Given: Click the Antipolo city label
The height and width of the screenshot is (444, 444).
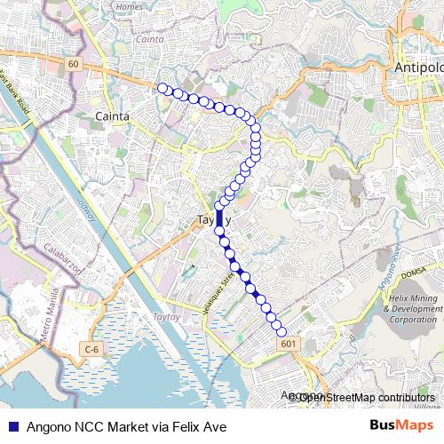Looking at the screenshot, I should pos(417,68).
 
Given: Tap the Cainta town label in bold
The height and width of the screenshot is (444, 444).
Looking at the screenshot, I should pos(112,116).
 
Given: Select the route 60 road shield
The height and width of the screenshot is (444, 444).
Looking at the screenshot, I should pos(73,64).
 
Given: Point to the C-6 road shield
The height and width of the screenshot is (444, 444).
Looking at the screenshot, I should pos(91,351).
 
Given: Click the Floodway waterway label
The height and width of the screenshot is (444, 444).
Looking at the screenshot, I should pos(86,211).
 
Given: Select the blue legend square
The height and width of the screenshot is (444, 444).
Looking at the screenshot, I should pos(12,427).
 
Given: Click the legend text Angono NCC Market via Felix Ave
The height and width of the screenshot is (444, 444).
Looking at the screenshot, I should pos(126,427).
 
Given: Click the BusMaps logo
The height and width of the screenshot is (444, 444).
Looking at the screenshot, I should pos(401,426).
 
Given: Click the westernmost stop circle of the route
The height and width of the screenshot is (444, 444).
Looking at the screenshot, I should pos(162,87).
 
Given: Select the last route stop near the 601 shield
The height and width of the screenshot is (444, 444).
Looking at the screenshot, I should pos(282,331).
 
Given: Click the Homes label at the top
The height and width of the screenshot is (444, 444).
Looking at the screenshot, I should pos(129,6).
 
